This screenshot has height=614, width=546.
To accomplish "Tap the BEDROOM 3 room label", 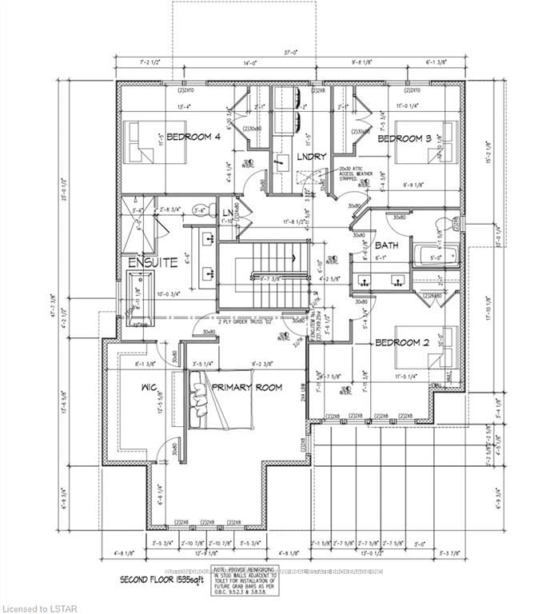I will tap(404, 139).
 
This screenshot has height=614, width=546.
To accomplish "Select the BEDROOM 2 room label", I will tap(404, 342).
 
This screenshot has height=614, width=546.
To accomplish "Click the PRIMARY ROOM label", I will tap(248, 387).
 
